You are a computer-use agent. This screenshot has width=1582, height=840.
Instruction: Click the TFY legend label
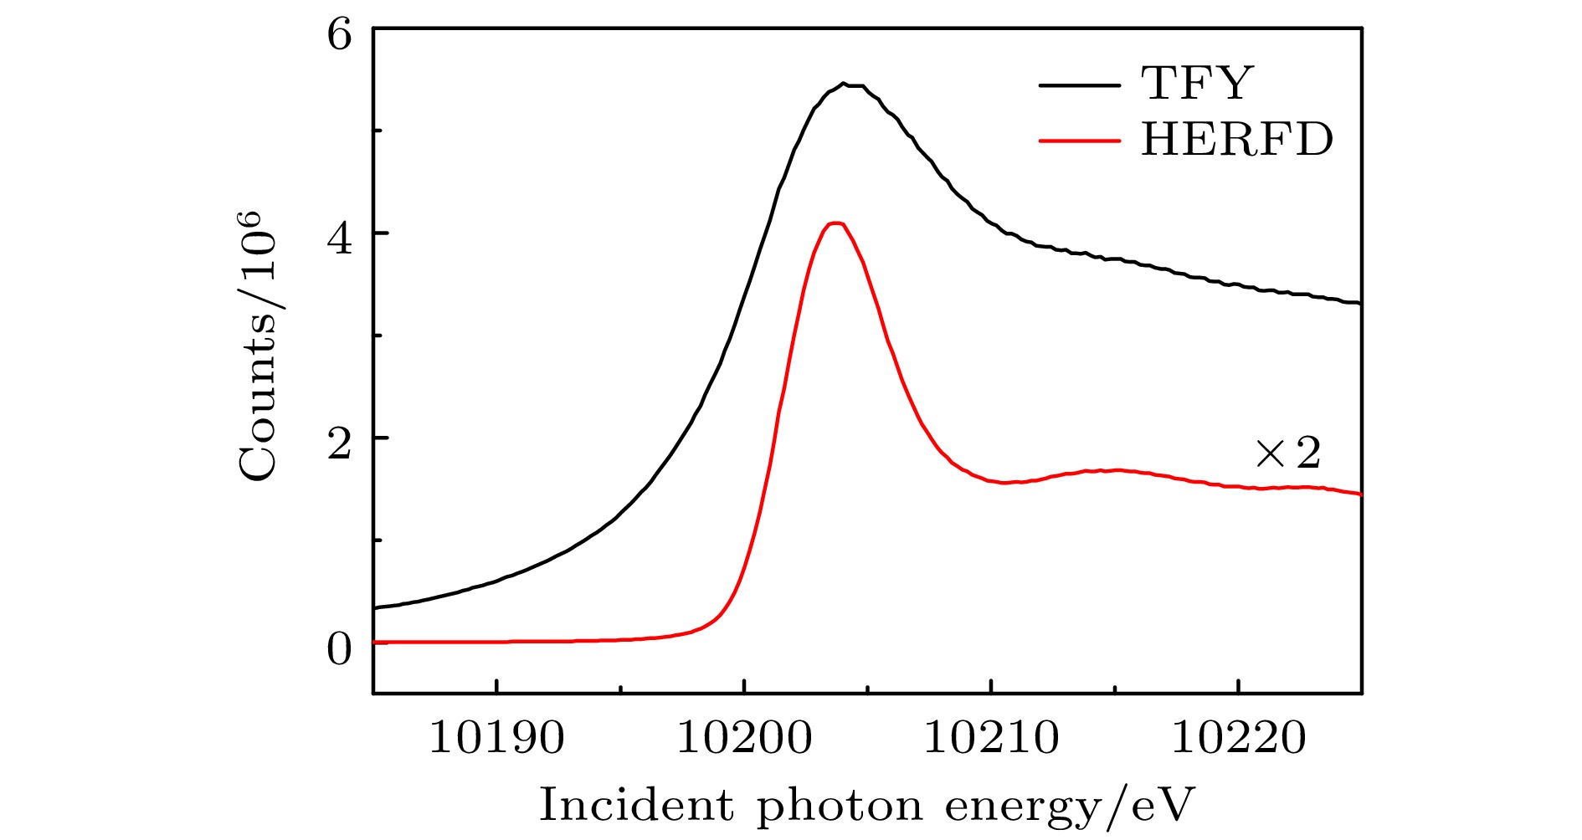point(1198,83)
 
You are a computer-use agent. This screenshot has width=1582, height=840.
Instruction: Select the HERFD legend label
point(1236,139)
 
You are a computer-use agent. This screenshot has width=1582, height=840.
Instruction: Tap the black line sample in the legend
point(1079,85)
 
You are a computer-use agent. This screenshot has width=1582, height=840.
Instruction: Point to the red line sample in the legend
point(1079,141)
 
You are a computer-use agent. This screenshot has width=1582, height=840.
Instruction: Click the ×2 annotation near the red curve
point(1287,453)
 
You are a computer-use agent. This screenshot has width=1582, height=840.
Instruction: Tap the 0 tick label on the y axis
point(340,649)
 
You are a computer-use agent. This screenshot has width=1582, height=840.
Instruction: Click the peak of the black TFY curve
point(845,84)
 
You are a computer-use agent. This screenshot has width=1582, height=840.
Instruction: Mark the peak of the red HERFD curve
point(835,223)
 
